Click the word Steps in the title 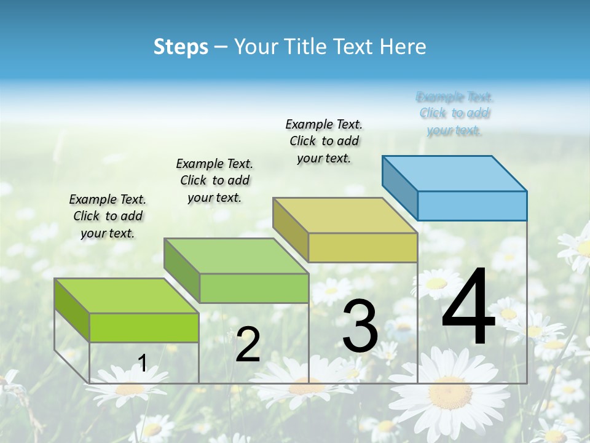tap(181, 47)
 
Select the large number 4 tap(468, 307)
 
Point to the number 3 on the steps tap(360, 325)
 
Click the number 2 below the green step tap(248, 345)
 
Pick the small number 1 tap(143, 363)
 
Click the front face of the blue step tap(472, 206)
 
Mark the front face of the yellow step tap(363, 247)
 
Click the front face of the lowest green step tap(144, 327)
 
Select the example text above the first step tap(108, 216)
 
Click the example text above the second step tap(214, 180)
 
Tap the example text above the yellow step tap(324, 141)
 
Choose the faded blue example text tap(455, 113)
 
